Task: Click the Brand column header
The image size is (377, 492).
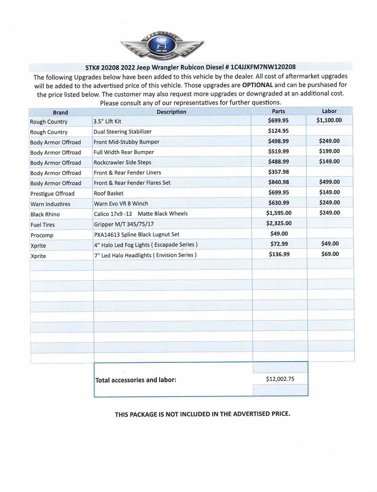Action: (60, 112)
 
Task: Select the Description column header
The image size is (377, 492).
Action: (171, 112)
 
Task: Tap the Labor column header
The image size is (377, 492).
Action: (329, 111)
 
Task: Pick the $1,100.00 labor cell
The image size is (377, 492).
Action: (329, 121)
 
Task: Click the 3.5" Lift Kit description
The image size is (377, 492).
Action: (107, 122)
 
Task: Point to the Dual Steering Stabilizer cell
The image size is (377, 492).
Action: (123, 132)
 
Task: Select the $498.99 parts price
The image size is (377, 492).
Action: (278, 141)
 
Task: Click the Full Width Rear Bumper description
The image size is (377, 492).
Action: (124, 152)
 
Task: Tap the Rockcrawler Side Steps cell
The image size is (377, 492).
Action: (123, 162)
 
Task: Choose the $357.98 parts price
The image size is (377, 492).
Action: (278, 172)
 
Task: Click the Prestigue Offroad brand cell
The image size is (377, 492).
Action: (52, 194)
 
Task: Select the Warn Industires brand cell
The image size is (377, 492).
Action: (50, 204)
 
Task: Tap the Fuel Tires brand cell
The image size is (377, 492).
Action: (42, 225)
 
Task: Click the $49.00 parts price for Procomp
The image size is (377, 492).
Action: (279, 234)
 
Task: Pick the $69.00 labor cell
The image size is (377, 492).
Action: (330, 254)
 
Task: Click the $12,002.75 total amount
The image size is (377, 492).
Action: (280, 379)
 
